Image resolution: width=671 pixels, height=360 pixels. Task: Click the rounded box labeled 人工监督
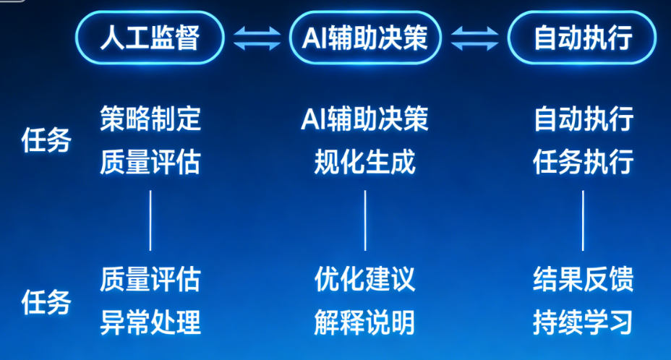(x=150, y=37)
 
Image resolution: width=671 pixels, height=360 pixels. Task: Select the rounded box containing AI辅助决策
(x=365, y=37)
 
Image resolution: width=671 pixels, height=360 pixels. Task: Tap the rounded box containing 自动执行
(x=582, y=37)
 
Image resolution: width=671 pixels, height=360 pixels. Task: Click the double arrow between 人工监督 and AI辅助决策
(x=257, y=38)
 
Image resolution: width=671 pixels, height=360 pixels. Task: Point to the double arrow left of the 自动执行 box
(x=474, y=38)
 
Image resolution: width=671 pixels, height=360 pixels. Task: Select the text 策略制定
(x=150, y=119)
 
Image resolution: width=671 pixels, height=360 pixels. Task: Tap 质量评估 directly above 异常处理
(x=150, y=278)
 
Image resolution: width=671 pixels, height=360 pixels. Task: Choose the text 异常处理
(x=150, y=322)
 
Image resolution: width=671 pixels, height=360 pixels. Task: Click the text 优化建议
(x=365, y=278)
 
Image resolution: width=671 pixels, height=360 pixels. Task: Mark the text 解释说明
(x=365, y=322)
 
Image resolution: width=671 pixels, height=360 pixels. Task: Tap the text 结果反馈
(x=583, y=278)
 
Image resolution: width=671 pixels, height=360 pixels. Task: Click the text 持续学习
(x=583, y=322)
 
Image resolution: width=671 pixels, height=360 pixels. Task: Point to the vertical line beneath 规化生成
(x=365, y=220)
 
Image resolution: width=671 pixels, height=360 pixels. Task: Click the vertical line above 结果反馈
(x=583, y=220)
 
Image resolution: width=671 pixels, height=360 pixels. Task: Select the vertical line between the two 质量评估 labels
(x=150, y=220)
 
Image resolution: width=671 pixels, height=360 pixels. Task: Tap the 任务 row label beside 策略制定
(x=46, y=140)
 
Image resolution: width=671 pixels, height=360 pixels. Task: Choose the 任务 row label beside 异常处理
(x=46, y=301)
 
